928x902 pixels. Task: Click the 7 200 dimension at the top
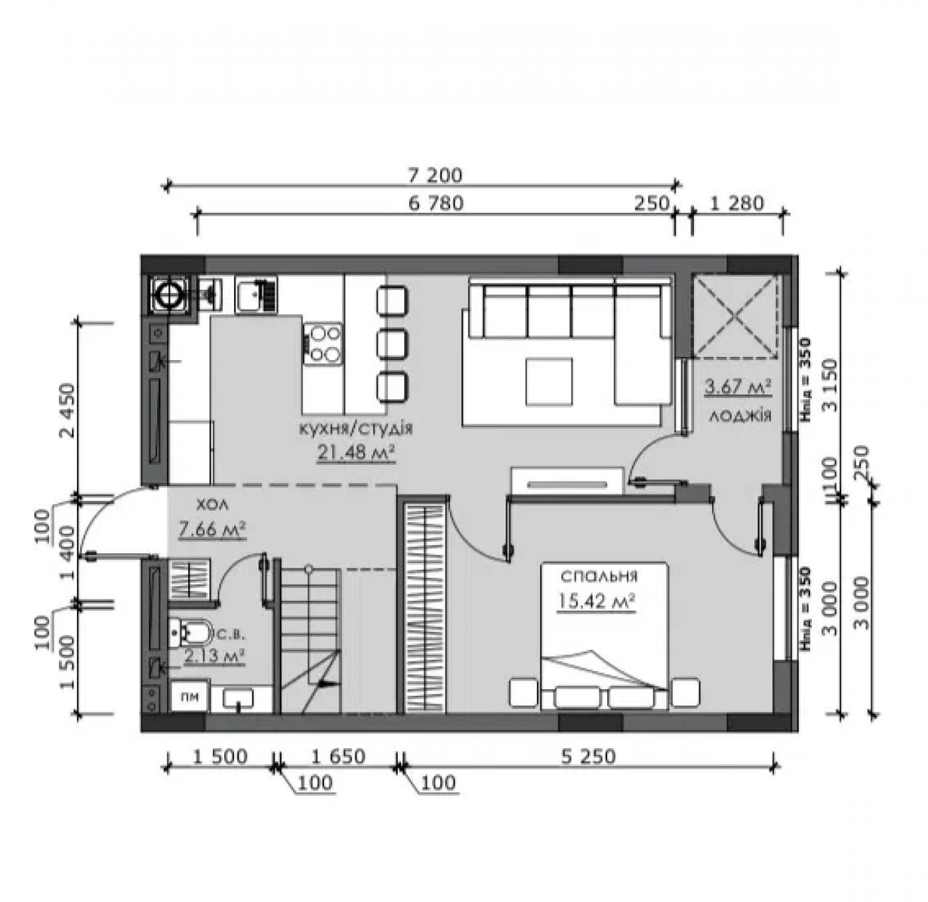tap(434, 176)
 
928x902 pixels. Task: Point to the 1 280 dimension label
tap(737, 204)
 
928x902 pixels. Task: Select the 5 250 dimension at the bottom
tap(588, 757)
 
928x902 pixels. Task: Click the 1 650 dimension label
tap(338, 757)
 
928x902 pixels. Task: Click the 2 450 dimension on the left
tap(68, 411)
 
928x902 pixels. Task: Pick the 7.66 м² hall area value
tap(212, 529)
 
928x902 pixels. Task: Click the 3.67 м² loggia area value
tap(738, 387)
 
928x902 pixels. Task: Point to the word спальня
tap(599, 577)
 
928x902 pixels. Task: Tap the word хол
tap(211, 504)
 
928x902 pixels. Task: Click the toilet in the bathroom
tap(191, 633)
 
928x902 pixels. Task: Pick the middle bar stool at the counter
tap(392, 343)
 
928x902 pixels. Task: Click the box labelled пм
tap(189, 697)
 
